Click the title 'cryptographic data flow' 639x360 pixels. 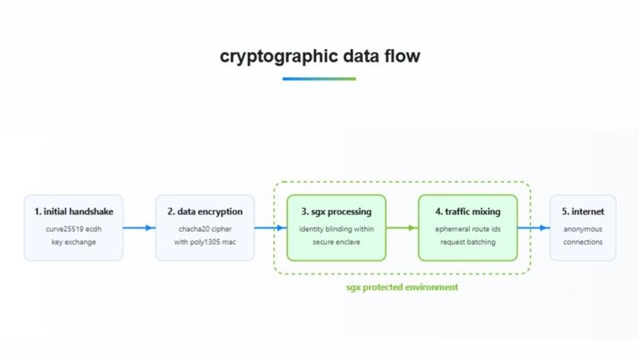319,56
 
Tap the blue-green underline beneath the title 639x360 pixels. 319,79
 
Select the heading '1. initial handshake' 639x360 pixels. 73,211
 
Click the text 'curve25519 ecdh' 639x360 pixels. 73,228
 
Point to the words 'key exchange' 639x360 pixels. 73,242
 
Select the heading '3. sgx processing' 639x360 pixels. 336,211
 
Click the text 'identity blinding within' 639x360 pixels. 336,228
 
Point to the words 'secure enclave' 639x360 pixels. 336,242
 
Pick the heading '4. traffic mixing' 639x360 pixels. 467,211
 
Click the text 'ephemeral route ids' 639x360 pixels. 467,228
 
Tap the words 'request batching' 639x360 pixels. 467,242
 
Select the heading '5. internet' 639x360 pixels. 583,211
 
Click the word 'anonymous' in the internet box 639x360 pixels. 583,228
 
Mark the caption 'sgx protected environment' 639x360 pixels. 401,287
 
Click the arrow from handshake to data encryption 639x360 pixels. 139,227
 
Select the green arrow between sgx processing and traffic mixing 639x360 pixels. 402,227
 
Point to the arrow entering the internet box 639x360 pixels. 534,227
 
